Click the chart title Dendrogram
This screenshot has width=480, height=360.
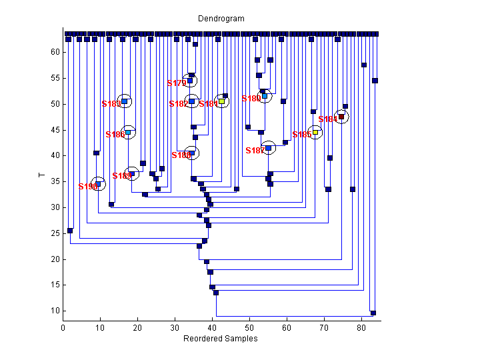pyautogui.click(x=221, y=19)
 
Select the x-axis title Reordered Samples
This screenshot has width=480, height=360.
pyautogui.click(x=221, y=339)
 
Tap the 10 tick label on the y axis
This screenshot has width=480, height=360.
pyautogui.click(x=54, y=311)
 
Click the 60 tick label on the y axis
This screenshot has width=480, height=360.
pyautogui.click(x=54, y=53)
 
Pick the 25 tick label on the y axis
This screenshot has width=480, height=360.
pyautogui.click(x=54, y=233)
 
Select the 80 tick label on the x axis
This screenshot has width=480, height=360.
pyautogui.click(x=361, y=328)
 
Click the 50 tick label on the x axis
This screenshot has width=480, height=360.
pyautogui.click(x=249, y=328)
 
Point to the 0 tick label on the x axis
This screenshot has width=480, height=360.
pyautogui.click(x=63, y=328)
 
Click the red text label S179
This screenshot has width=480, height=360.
pyautogui.click(x=177, y=83)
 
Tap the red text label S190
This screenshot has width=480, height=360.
pyautogui.click(x=88, y=187)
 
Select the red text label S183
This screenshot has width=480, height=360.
pyautogui.click(x=111, y=104)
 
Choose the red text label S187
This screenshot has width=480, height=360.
pyautogui.click(x=255, y=151)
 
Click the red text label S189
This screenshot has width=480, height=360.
pyautogui.click(x=122, y=176)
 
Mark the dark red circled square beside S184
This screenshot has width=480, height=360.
pyautogui.click(x=341, y=117)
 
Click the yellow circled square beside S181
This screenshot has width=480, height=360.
pyautogui.click(x=222, y=101)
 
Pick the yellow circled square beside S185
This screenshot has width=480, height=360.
pyautogui.click(x=315, y=132)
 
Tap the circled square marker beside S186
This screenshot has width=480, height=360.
pyautogui.click(x=128, y=132)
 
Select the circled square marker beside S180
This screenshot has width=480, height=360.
pyautogui.click(x=265, y=96)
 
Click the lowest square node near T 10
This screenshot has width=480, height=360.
pyautogui.click(x=373, y=313)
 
